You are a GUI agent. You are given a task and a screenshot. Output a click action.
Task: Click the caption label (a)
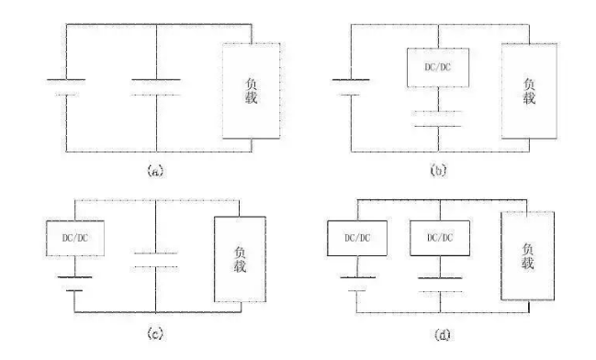155,171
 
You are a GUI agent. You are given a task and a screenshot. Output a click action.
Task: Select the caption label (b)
438,171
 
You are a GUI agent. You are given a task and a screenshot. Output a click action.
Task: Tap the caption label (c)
155,333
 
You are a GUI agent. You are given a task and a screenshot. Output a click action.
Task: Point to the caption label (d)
442,334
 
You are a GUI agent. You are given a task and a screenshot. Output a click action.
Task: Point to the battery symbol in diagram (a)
66,87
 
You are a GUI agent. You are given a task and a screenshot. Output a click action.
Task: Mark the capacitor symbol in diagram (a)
156,87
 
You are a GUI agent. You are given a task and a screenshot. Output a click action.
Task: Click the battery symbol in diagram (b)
351,87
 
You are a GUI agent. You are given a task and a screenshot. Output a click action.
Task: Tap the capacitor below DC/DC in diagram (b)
438,118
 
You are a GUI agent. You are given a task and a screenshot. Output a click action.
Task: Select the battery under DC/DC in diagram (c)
74,284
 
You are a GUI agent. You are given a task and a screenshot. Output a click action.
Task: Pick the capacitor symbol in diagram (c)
155,260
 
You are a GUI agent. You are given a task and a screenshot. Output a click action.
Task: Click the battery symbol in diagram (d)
357,284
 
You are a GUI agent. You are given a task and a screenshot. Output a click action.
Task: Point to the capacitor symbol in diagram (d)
440,285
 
